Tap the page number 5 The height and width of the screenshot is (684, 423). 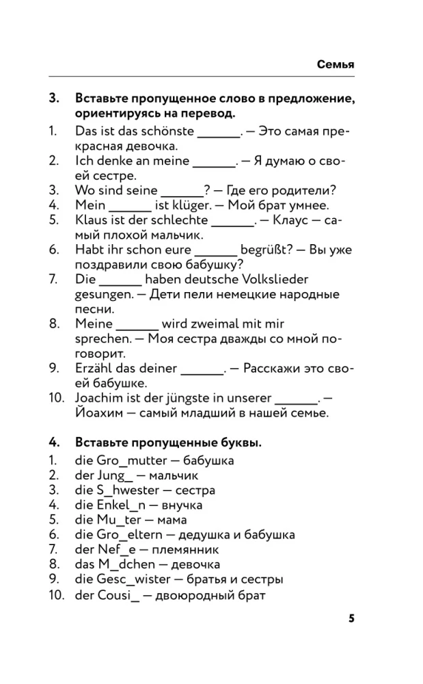pyautogui.click(x=351, y=618)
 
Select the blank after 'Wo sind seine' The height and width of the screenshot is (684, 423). pyautogui.click(x=182, y=191)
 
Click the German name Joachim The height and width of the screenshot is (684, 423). pyautogui.click(x=98, y=398)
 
